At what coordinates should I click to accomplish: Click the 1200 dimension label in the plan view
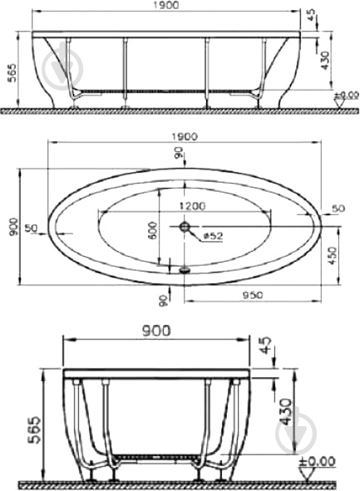click(x=192, y=206)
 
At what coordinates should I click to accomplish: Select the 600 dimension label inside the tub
click(x=152, y=230)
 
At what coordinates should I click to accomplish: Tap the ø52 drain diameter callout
click(x=213, y=236)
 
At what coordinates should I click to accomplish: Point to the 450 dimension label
click(x=333, y=256)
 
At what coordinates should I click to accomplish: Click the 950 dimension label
click(x=253, y=295)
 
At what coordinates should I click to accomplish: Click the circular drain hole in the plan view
click(x=185, y=227)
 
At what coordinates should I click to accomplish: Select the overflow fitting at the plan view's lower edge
click(x=185, y=269)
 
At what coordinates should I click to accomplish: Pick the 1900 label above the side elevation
click(x=166, y=5)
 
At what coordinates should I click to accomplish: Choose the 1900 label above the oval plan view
click(x=185, y=136)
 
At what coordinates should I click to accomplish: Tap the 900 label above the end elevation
click(x=156, y=331)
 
